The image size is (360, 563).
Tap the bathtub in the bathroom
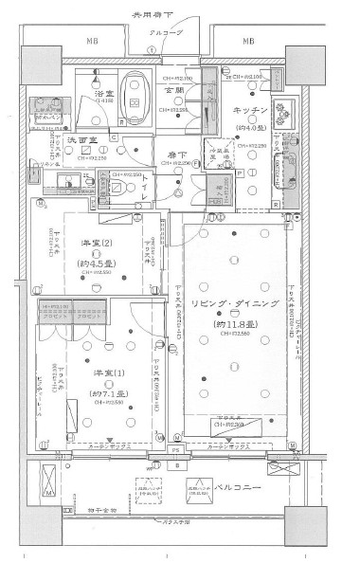[x=135, y=94]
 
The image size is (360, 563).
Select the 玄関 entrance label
[x=173, y=90]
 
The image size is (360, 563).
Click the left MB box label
[x=92, y=41]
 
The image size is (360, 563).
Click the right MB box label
[x=247, y=41]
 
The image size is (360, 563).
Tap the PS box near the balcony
[x=176, y=466]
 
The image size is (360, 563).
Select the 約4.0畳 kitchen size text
[x=243, y=128]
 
